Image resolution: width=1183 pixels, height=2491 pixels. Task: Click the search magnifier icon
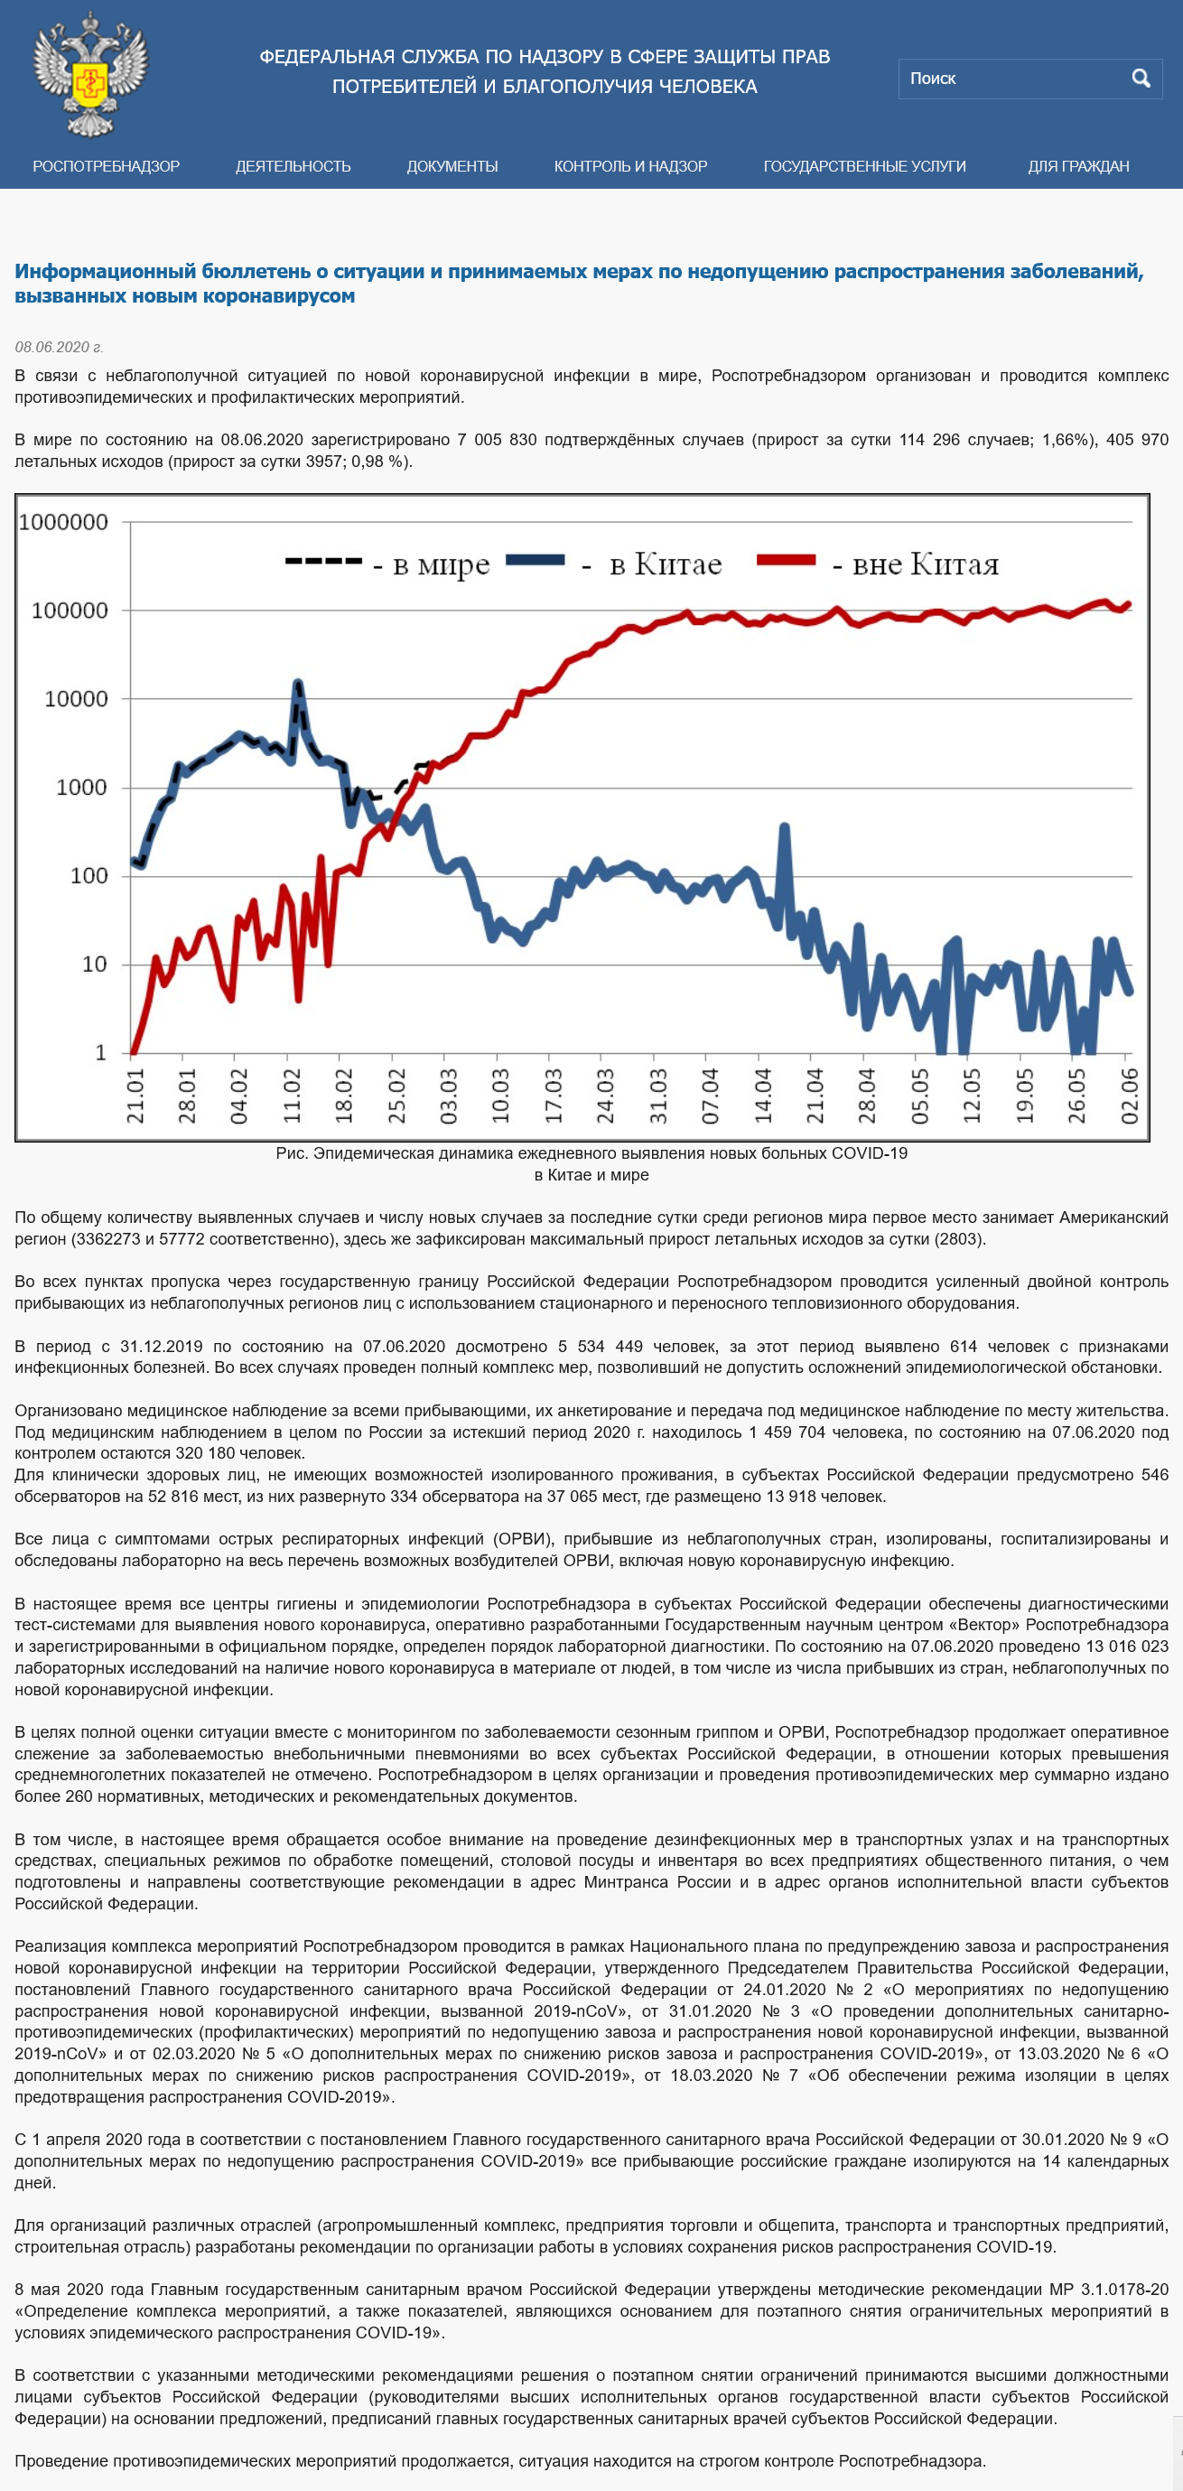click(1141, 79)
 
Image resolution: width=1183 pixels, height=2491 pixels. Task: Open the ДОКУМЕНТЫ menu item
click(452, 166)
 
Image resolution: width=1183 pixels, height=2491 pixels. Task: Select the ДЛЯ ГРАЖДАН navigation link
click(1078, 166)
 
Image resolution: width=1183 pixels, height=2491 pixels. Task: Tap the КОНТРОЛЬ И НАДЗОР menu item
click(630, 166)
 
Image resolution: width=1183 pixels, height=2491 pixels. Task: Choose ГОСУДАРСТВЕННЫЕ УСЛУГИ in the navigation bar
click(865, 166)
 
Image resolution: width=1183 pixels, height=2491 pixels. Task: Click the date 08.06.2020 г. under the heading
click(59, 347)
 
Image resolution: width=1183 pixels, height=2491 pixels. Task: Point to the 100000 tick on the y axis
click(70, 611)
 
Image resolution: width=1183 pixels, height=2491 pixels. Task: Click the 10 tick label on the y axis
click(95, 964)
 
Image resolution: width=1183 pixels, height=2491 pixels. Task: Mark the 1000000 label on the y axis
click(64, 522)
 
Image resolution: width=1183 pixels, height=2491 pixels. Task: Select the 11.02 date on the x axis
click(292, 1096)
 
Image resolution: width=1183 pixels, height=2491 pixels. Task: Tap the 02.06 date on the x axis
click(1129, 1096)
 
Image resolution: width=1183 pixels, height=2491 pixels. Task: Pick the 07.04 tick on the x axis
click(711, 1096)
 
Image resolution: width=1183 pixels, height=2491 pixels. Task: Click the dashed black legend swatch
click(324, 561)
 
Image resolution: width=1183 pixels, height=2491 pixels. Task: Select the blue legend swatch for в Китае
click(536, 560)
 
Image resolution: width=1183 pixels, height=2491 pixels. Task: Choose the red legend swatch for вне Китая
click(787, 560)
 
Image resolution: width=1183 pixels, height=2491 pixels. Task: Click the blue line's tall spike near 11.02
click(298, 684)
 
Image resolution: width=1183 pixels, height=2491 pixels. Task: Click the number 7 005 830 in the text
click(497, 440)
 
